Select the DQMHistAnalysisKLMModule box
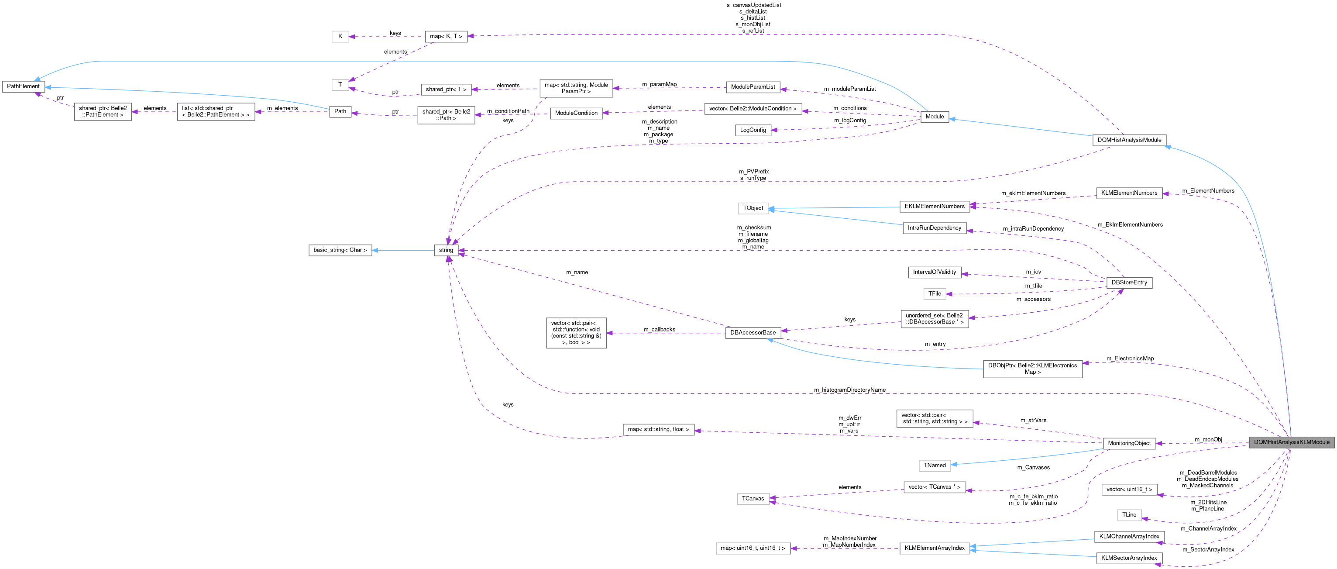click(x=1291, y=442)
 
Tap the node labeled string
click(x=446, y=250)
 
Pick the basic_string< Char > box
click(x=340, y=250)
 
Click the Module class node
click(x=934, y=116)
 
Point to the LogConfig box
click(x=753, y=130)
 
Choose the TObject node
click(x=753, y=208)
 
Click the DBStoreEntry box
click(x=1129, y=283)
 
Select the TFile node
click(x=934, y=294)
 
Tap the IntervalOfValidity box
click(x=934, y=272)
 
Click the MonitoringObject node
click(x=1129, y=443)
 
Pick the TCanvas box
click(x=753, y=498)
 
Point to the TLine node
click(x=1129, y=515)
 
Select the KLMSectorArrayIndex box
click(x=1129, y=558)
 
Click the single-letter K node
click(x=340, y=36)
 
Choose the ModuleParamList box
click(x=753, y=87)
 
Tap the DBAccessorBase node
click(x=753, y=333)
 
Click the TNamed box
click(x=934, y=465)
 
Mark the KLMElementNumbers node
click(x=1129, y=193)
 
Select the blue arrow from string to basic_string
click(x=403, y=250)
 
